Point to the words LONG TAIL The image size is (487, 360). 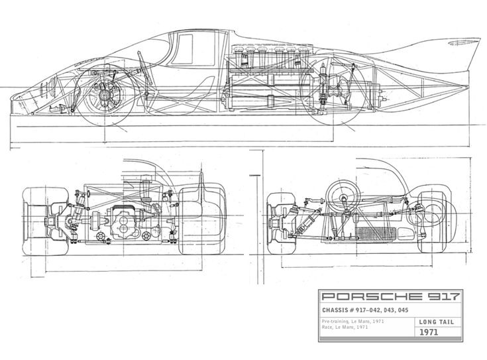[x=433, y=324]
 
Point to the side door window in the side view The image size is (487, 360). [x=192, y=50]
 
